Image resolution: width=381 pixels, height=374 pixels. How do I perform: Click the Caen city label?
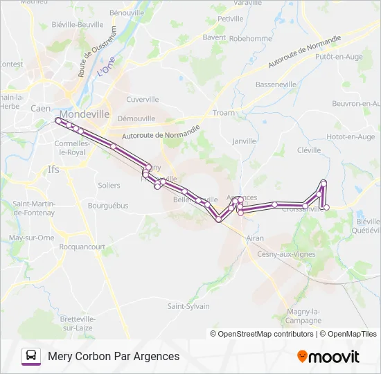pos(40,108)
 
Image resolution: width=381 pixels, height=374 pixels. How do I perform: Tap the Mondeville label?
pos(85,114)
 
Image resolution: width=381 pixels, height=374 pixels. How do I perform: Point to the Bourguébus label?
pos(108,206)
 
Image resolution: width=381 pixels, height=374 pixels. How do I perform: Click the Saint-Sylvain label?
pos(188,305)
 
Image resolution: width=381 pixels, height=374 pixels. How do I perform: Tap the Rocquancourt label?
pos(82,247)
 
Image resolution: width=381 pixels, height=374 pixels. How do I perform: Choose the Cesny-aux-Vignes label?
pos(285,254)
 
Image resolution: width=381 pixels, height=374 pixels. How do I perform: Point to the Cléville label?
pos(309,150)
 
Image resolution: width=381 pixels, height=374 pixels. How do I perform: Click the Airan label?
pos(255,238)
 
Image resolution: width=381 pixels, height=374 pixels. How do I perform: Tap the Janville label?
pos(244,141)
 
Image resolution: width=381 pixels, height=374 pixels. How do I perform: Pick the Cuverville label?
pos(143,99)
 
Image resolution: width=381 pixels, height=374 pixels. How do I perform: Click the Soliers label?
pos(109,186)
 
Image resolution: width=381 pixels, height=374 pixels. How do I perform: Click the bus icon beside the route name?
pos(31,356)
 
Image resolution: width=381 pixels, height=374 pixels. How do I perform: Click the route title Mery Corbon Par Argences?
pos(114,356)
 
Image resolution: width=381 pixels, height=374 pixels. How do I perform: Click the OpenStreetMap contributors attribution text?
pos(265,334)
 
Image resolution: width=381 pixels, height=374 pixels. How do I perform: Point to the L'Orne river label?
pos(105,69)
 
